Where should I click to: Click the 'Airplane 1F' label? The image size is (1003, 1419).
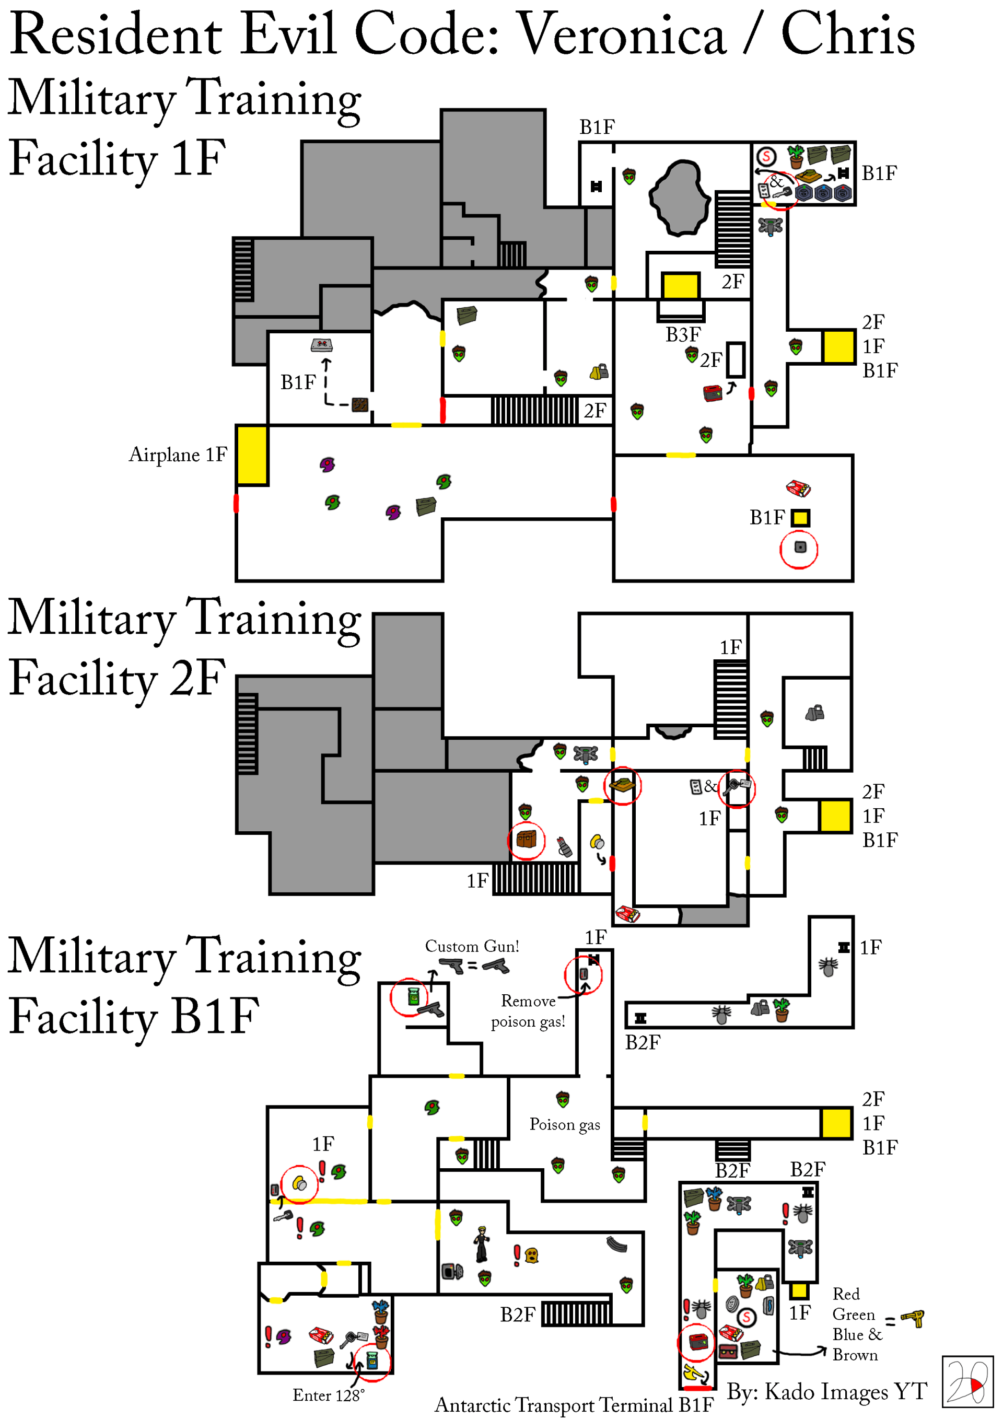point(178,455)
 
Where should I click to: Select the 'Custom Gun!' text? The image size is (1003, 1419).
point(472,946)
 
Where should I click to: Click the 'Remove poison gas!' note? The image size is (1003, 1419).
point(528,1011)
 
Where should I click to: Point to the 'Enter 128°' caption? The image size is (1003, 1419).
point(328,1395)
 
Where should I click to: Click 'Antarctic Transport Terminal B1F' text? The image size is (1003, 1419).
point(574,1405)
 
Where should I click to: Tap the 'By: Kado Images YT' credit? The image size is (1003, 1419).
point(826,1391)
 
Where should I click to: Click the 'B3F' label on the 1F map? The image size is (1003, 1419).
point(682,334)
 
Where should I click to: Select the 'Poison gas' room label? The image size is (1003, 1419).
point(564,1124)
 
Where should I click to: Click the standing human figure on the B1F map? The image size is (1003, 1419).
point(482,1244)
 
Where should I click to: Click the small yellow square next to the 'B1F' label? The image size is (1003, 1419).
point(800,517)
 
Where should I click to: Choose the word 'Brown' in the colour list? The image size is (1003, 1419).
point(855,1355)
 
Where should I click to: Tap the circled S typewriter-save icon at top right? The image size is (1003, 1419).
point(766,156)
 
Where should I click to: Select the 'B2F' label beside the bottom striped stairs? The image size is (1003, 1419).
point(517,1315)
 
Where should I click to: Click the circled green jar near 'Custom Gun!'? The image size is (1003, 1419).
point(413,996)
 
